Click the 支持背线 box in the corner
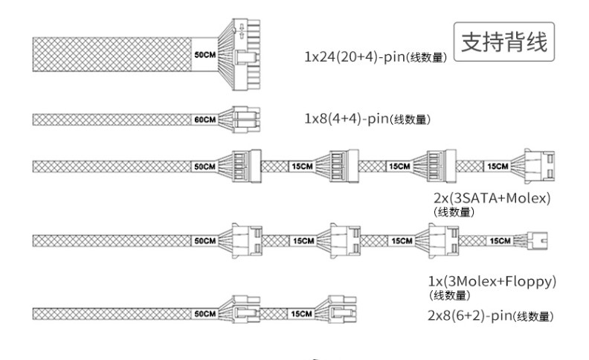click(x=504, y=42)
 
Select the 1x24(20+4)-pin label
click(x=355, y=57)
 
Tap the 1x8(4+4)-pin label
click(x=347, y=119)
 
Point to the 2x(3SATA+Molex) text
click(x=492, y=198)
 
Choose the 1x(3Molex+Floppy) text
click(x=492, y=281)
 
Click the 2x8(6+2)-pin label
click(x=470, y=315)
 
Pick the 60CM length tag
click(x=205, y=120)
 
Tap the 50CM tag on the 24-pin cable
click(x=205, y=54)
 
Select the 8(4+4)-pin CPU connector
click(x=246, y=120)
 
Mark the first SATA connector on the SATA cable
click(x=246, y=167)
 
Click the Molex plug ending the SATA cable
click(x=539, y=167)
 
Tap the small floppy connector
click(x=538, y=240)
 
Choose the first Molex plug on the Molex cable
click(x=247, y=241)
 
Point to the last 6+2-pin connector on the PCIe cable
click(x=342, y=309)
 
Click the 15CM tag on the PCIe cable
click(x=301, y=314)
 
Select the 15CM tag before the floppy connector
click(x=501, y=240)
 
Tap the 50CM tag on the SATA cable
click(x=205, y=167)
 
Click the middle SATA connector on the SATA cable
click(x=344, y=167)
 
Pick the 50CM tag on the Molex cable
click(x=205, y=241)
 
